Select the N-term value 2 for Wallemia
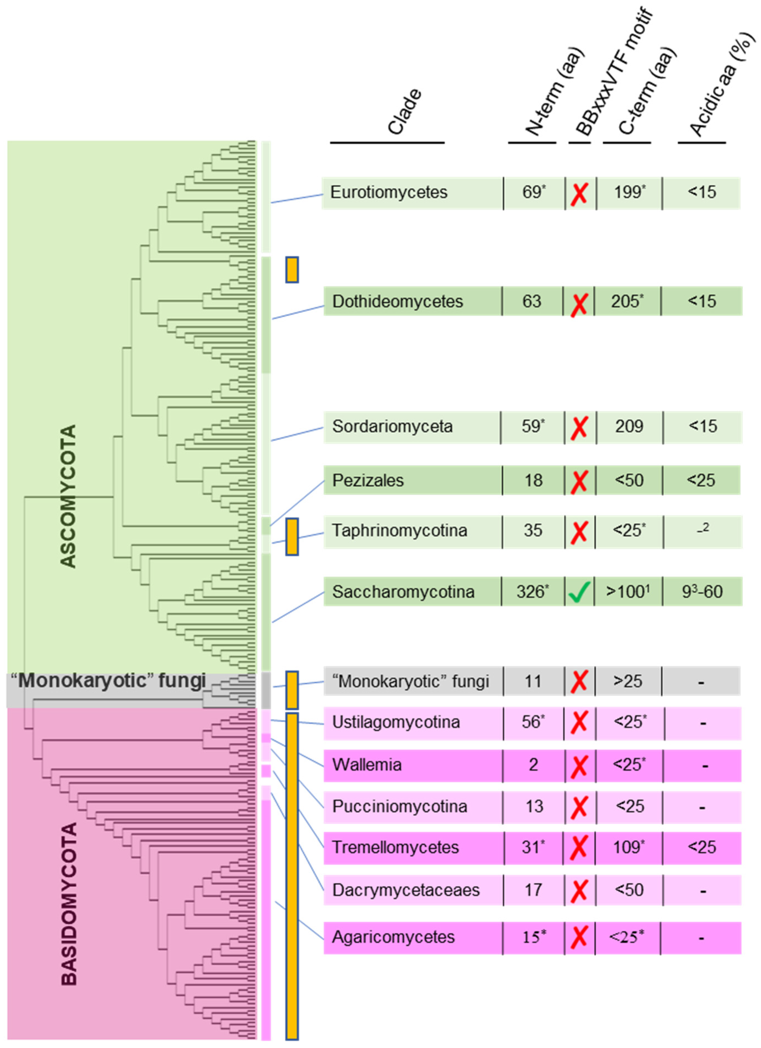(x=533, y=765)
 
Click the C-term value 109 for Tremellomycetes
(x=628, y=847)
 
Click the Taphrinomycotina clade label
(x=400, y=530)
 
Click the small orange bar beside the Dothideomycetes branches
(x=292, y=269)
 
